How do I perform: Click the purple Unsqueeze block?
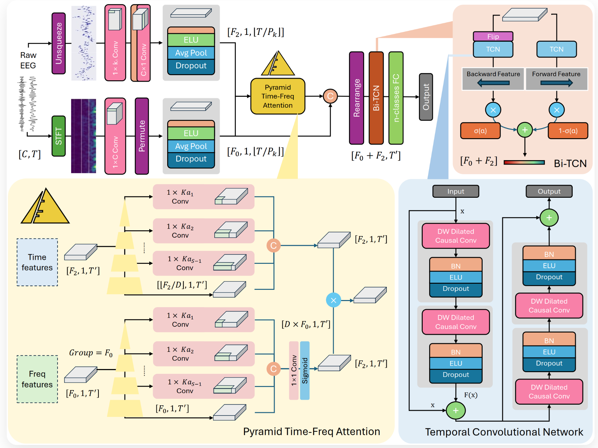point(59,43)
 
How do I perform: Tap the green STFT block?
point(59,136)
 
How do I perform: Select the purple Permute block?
point(142,136)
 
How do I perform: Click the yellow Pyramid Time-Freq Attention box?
point(278,96)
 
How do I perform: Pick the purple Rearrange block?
point(356,98)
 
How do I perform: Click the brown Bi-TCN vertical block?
point(376,98)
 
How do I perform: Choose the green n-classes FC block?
point(396,98)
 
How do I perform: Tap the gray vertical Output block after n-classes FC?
point(426,97)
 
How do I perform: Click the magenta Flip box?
point(493,36)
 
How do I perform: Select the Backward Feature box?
point(493,79)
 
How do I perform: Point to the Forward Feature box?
point(556,79)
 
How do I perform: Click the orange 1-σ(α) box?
point(568,131)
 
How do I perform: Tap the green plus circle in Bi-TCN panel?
point(525,130)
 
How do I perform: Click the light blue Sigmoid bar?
point(305,370)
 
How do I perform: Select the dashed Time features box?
point(37,262)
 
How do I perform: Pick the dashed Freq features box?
point(37,379)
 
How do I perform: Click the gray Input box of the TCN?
point(456,191)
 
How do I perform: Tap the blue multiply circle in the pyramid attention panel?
point(333,300)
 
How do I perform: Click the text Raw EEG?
point(28,60)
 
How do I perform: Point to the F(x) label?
point(470,395)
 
